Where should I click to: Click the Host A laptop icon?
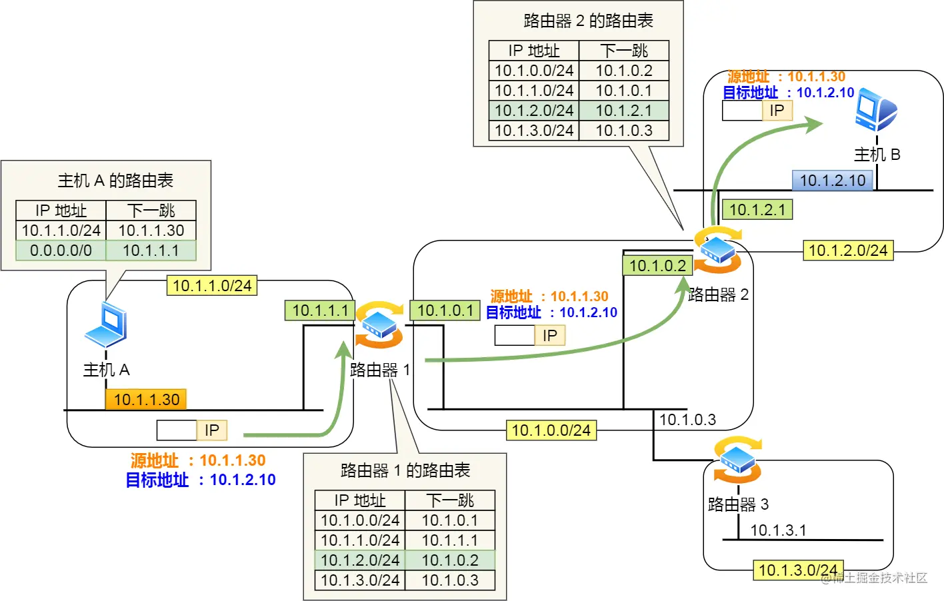(106, 324)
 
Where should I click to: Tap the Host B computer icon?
(875, 110)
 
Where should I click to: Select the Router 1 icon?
(379, 325)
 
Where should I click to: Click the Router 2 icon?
(717, 250)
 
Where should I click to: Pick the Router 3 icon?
(737, 460)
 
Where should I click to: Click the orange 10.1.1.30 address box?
(146, 399)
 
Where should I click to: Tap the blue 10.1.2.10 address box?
(832, 180)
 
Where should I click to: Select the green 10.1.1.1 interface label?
(320, 310)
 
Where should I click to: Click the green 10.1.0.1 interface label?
(445, 310)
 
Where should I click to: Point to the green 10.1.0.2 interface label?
(657, 265)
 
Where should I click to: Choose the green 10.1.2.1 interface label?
(757, 210)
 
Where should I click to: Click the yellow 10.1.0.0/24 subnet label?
(551, 430)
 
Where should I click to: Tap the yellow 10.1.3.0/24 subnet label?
(798, 570)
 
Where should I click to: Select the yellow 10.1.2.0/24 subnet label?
(847, 251)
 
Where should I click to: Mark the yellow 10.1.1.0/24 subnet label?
(211, 286)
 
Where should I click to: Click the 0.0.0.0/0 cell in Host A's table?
(61, 251)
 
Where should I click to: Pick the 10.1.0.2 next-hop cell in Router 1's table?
(450, 560)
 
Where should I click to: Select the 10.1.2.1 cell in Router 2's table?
(623, 111)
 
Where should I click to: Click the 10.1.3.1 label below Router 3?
(778, 530)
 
